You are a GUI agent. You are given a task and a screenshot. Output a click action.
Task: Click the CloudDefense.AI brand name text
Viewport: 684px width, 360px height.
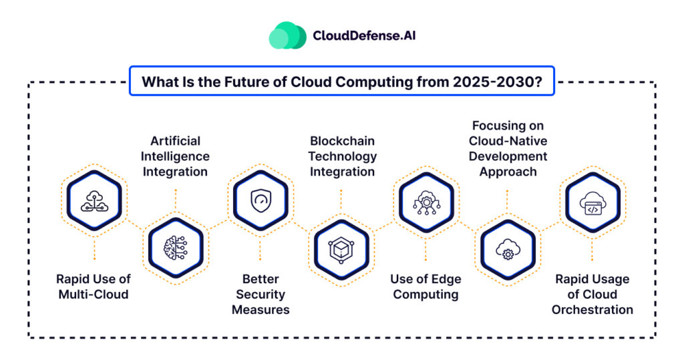(x=364, y=35)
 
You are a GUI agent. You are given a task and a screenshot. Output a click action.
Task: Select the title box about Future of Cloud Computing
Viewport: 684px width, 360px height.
(x=341, y=81)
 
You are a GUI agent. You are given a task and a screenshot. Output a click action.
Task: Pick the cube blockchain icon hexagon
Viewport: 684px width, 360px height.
(x=341, y=248)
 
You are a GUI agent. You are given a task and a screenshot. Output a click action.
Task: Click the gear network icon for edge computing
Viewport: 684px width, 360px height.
(x=425, y=199)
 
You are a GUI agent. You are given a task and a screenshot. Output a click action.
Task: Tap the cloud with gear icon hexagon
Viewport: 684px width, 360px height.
(x=507, y=248)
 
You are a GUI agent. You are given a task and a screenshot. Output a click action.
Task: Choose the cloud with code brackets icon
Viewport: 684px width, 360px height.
(x=592, y=199)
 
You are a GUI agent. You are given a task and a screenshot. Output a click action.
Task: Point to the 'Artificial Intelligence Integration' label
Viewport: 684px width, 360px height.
(x=175, y=156)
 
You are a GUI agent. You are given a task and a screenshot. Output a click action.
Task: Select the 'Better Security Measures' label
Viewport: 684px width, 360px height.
(x=260, y=294)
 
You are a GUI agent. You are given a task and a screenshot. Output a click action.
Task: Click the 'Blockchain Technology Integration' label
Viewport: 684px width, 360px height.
(x=342, y=156)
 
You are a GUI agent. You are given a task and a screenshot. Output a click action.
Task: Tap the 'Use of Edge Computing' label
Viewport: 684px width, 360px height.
(x=425, y=287)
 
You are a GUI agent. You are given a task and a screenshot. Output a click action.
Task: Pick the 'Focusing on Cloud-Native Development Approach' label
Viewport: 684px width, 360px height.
(x=507, y=148)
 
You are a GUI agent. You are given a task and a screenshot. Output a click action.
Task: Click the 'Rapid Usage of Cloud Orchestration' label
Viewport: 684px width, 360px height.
(x=592, y=294)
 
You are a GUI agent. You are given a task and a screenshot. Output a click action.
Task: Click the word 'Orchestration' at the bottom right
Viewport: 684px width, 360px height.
(x=592, y=310)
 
